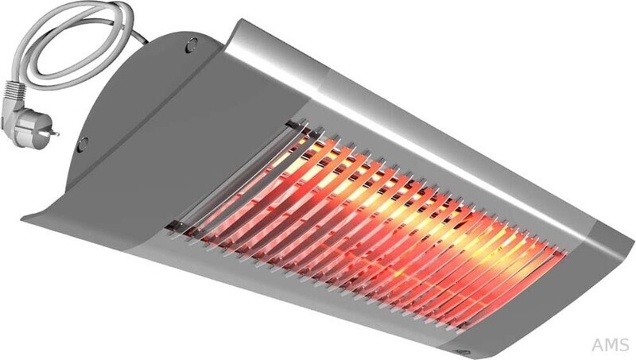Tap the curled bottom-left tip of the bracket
pos(32,219)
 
